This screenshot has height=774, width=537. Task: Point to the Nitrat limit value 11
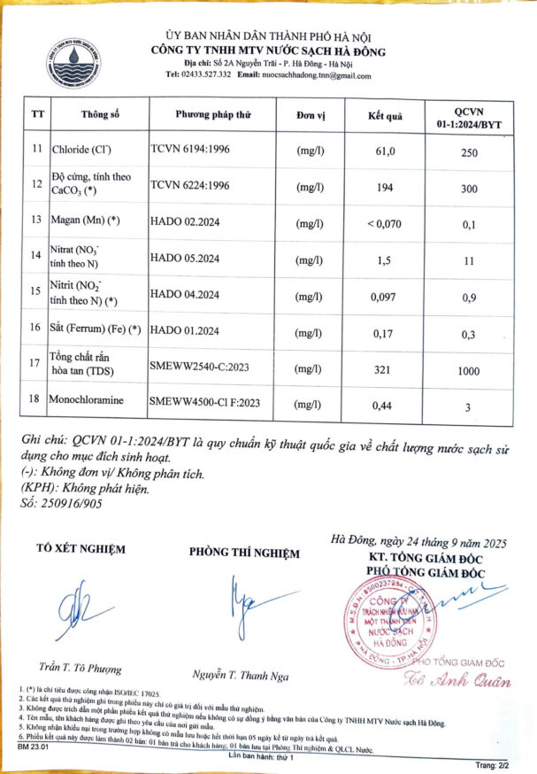click(x=469, y=260)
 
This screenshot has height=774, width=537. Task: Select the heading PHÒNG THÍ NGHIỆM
click(x=245, y=553)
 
